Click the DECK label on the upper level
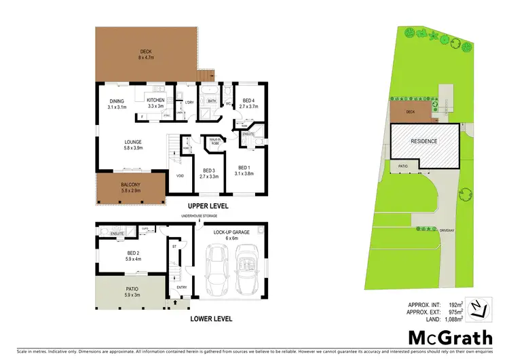pyautogui.click(x=145, y=51)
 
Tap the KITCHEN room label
pyautogui.click(x=156, y=101)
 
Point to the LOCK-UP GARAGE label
pyautogui.click(x=231, y=232)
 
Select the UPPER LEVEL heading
pyautogui.click(x=208, y=206)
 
